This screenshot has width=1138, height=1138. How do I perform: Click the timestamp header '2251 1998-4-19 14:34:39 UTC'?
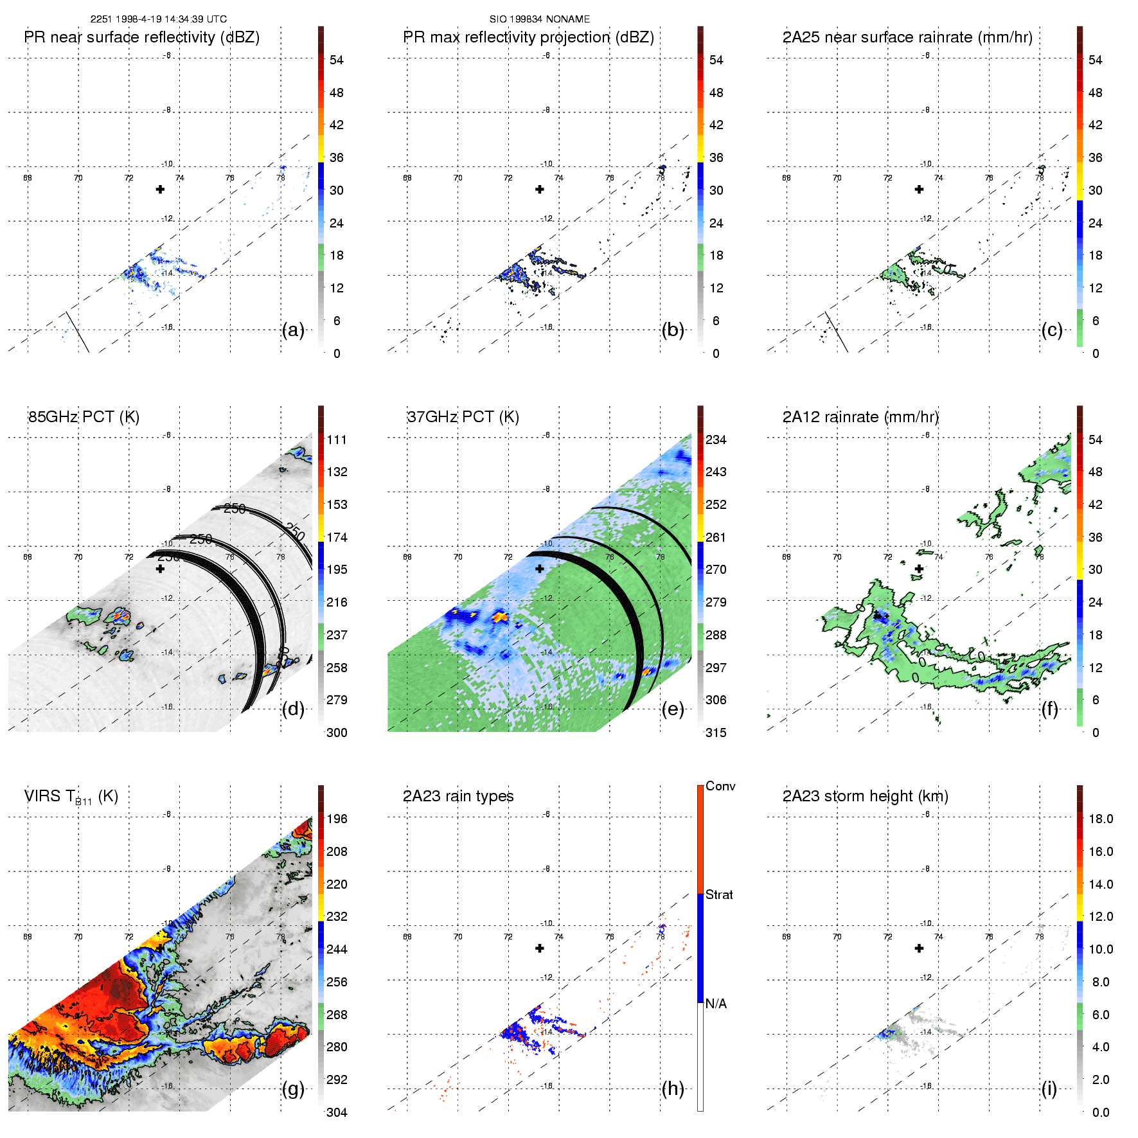(x=158, y=19)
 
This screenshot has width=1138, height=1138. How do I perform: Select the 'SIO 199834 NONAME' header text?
(x=539, y=19)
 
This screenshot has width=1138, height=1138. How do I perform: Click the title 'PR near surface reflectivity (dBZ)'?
(x=142, y=37)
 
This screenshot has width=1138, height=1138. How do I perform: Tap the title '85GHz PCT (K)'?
(x=84, y=417)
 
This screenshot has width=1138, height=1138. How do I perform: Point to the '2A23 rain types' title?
(x=458, y=796)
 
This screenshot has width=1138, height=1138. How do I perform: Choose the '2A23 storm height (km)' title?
(x=865, y=796)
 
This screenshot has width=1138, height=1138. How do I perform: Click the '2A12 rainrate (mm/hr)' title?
(x=860, y=417)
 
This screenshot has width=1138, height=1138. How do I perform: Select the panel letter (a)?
(x=293, y=330)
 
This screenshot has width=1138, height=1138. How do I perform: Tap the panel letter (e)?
(x=672, y=709)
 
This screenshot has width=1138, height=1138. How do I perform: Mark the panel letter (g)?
(x=293, y=1089)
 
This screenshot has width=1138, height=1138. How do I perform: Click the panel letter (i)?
(x=1049, y=1089)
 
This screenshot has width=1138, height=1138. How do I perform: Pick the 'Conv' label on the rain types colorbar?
(x=720, y=786)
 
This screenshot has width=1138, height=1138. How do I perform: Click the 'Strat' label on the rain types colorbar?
(x=719, y=894)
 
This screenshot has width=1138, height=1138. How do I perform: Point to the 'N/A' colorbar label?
(x=716, y=1004)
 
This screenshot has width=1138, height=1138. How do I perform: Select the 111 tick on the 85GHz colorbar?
(x=337, y=440)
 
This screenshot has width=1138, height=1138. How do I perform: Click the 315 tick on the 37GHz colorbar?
(x=716, y=733)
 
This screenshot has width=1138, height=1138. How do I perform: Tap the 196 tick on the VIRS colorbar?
(x=337, y=819)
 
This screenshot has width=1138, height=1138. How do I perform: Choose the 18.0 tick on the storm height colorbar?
(x=1100, y=819)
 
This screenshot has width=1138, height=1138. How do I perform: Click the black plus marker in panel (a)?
(x=160, y=189)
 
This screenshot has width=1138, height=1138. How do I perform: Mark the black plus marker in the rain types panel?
(x=540, y=948)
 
